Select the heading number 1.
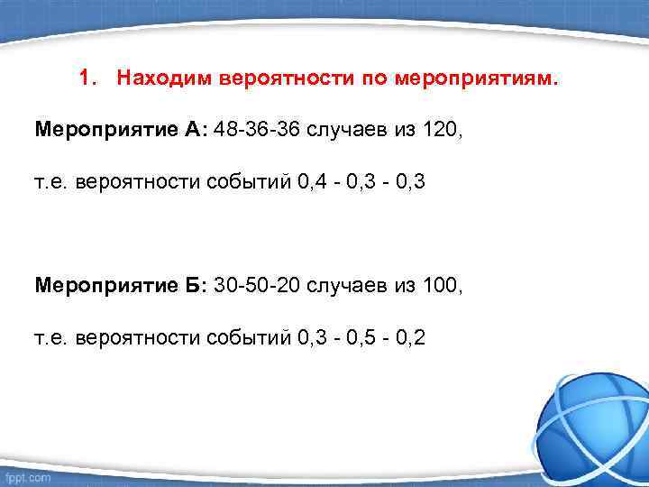85,78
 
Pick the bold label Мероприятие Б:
122,286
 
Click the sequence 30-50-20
259,286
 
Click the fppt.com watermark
27,476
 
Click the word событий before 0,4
247,182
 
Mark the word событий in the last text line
247,338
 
